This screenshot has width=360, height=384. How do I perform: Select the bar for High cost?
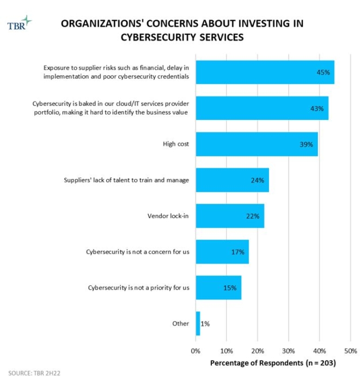point(257,144)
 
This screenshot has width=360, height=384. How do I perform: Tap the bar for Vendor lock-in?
point(230,216)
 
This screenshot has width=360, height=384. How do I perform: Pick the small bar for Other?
point(198,324)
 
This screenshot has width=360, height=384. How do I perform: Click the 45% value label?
point(324,72)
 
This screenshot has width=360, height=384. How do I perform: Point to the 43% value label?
point(318,108)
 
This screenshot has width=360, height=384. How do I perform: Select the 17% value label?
point(238,252)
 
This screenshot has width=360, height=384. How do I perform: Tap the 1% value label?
point(205,324)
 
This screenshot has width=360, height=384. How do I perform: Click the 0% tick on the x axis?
point(196,350)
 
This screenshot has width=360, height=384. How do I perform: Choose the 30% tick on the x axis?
point(289,350)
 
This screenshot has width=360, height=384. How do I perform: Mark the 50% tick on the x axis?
point(351,350)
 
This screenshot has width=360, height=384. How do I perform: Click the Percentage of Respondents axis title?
point(273,362)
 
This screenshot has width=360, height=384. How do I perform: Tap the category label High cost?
point(176,144)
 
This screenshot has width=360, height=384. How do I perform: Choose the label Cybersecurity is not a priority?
point(138,288)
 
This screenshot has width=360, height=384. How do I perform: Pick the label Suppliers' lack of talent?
point(130,180)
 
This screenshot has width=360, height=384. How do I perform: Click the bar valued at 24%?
point(232,180)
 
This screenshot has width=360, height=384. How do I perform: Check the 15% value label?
point(230,288)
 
